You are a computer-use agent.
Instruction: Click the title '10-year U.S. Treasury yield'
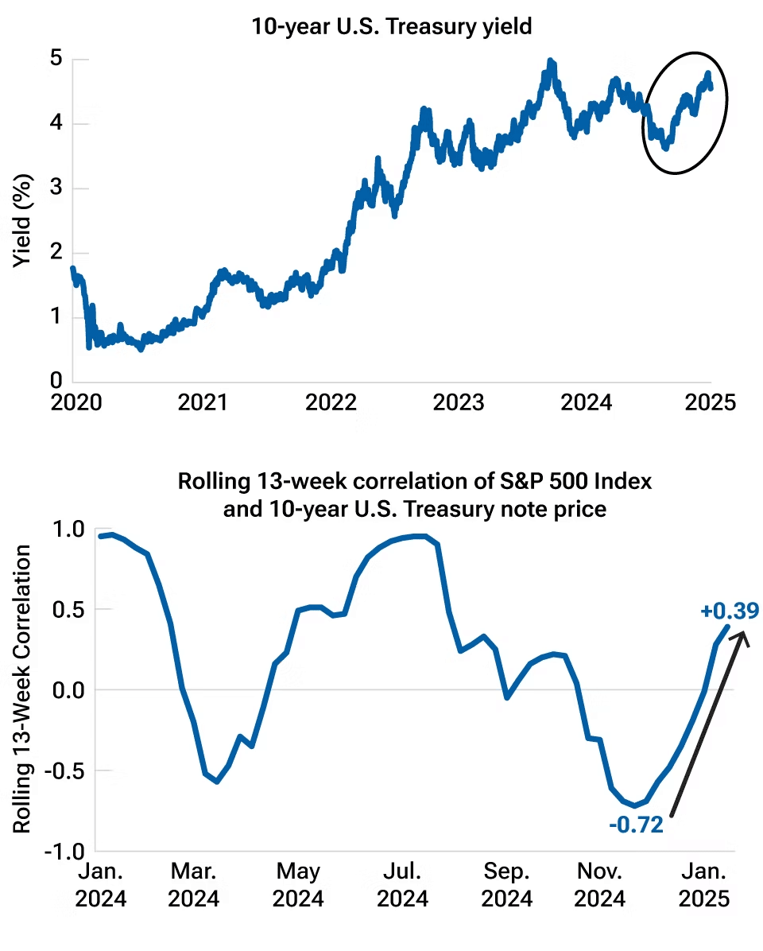(x=391, y=26)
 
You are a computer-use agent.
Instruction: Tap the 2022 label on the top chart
(x=330, y=402)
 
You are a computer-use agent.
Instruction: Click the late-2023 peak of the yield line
(x=549, y=61)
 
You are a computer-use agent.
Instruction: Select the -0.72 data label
(x=636, y=825)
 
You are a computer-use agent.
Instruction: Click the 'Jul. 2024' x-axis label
(x=402, y=885)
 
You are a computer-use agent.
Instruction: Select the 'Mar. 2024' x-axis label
(x=194, y=885)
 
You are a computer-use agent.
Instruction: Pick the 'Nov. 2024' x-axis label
(x=600, y=885)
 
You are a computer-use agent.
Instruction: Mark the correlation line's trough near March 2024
(x=216, y=782)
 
